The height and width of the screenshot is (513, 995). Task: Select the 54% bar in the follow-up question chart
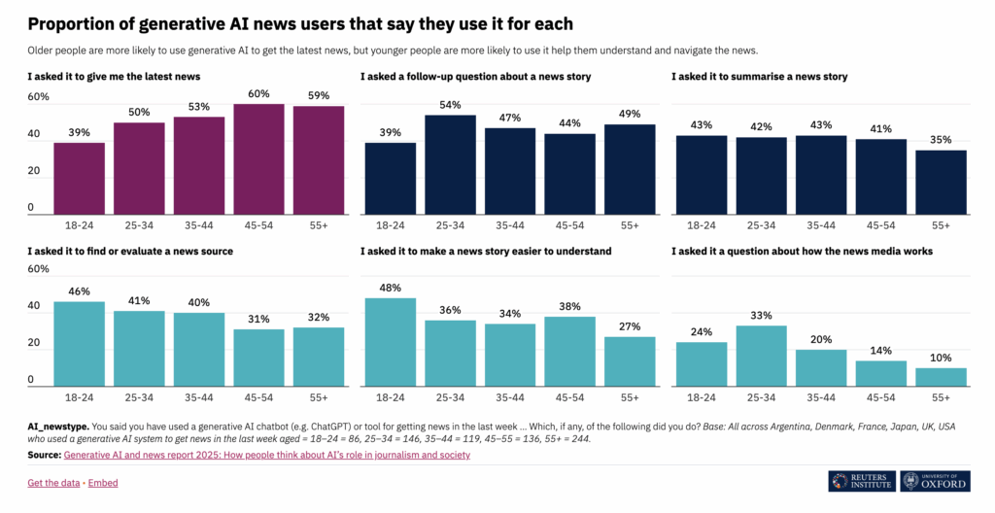coord(450,164)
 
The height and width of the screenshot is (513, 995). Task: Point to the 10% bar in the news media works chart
coord(941,376)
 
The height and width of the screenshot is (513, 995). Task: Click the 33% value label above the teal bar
coord(761,316)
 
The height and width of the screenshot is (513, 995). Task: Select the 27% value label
coord(630,327)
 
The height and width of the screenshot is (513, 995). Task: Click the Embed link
coord(103,483)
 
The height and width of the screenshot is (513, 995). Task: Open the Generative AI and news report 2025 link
coord(266,455)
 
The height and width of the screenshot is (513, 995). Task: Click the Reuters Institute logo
coord(862,481)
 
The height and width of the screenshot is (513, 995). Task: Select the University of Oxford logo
coord(935,481)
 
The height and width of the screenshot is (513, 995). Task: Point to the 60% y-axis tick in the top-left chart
coord(38,97)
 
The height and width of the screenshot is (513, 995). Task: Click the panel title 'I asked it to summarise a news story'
coord(760,76)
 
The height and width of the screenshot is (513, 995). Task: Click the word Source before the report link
coord(43,455)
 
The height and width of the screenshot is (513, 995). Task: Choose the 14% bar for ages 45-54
coord(880,373)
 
